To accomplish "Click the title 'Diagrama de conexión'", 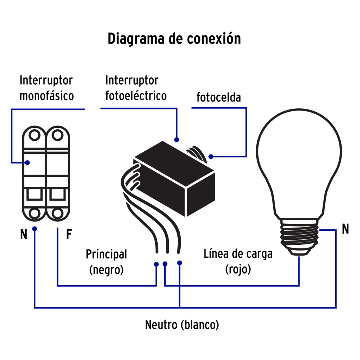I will [174, 39].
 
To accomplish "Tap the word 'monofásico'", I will [47, 96].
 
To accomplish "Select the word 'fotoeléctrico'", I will [136, 96].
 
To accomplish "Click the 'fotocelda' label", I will [219, 98].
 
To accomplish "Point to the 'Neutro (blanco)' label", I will [182, 325].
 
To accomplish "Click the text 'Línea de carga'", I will [238, 254].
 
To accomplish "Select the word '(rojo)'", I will [238, 269].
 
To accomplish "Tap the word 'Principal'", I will [106, 255].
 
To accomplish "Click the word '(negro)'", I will [106, 270].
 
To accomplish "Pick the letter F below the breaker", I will [69, 235].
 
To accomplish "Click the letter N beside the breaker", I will [24, 235].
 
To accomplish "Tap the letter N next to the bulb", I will [345, 229].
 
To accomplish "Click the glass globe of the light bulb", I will [298, 158].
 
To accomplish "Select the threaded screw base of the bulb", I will [300, 236].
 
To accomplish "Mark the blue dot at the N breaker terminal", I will [35, 229].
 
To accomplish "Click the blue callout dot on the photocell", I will [211, 157].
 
